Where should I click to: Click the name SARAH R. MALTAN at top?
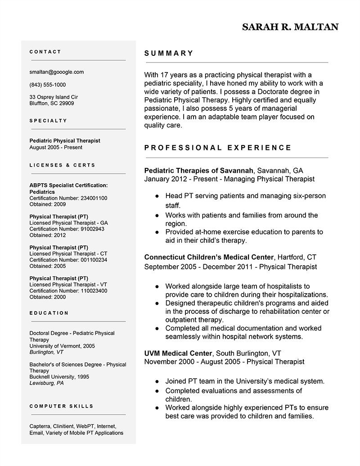[290, 27]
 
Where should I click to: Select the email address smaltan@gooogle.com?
[56, 72]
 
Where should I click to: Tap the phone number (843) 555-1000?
[47, 85]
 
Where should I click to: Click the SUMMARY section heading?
[169, 53]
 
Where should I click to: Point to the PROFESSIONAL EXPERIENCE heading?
[218, 148]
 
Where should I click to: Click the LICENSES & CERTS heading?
[62, 165]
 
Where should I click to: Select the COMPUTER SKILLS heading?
[61, 406]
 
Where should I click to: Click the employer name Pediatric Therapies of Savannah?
[199, 171]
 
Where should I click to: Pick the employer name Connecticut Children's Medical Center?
[209, 257]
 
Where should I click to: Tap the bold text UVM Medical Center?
[177, 353]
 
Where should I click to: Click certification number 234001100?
[94, 198]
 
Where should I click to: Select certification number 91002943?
[92, 229]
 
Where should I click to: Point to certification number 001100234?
[94, 260]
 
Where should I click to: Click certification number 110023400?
[94, 291]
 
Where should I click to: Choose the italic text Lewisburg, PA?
[46, 383]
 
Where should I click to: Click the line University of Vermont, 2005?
[62, 346]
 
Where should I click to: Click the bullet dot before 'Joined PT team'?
[157, 381]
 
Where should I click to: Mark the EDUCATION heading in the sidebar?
[49, 313]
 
